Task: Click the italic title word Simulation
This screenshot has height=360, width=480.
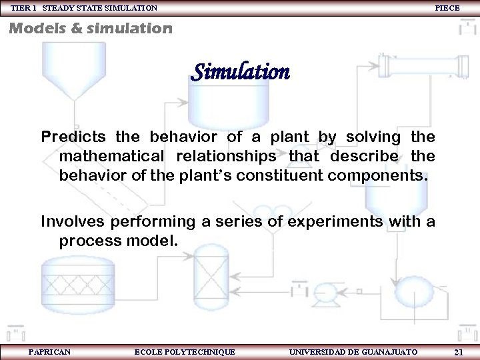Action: [x=240, y=71]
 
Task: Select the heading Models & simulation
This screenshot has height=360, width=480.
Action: [x=90, y=29]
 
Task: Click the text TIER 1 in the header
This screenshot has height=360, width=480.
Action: [x=25, y=7]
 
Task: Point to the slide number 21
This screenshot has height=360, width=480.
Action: [x=458, y=351]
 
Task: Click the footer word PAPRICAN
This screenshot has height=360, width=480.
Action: [x=50, y=351]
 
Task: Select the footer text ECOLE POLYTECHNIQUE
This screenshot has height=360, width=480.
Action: [x=185, y=351]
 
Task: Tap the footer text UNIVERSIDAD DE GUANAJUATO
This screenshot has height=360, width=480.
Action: [x=354, y=351]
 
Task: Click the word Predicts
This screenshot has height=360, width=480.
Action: [x=74, y=137]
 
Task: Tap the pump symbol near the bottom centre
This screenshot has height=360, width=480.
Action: [x=325, y=291]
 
